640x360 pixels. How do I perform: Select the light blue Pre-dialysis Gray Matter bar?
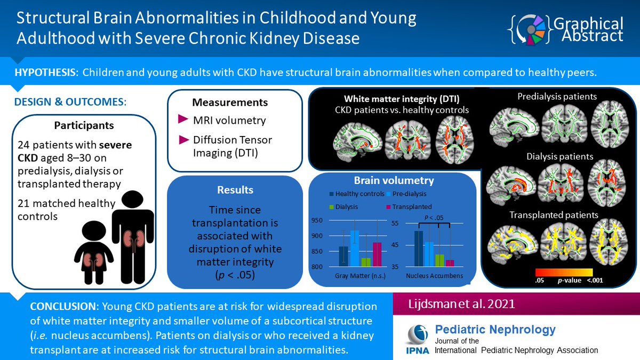click(354, 249)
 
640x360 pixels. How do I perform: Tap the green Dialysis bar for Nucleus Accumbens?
click(440, 260)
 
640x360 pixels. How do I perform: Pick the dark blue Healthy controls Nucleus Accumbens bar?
click(419, 249)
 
